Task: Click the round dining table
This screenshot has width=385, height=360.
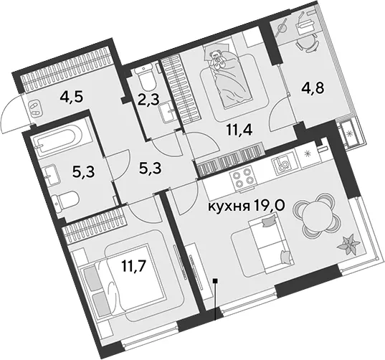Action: point(313,213)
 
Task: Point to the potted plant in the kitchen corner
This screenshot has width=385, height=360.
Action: point(349,244)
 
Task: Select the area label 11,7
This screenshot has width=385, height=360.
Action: point(133,266)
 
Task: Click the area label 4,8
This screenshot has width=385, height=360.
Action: point(313,87)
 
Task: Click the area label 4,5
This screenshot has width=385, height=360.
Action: point(72,97)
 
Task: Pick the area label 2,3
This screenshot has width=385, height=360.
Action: point(148,100)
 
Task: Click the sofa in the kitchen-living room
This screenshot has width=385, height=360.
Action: point(271,243)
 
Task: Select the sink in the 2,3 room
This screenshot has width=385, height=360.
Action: point(167,112)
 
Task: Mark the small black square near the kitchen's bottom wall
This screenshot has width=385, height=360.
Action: point(215,281)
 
